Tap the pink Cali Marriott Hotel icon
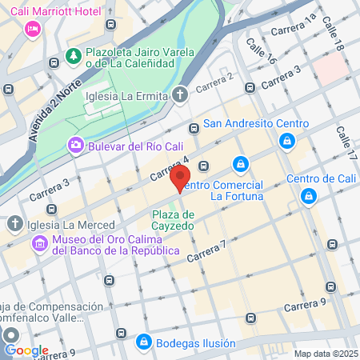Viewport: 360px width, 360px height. pos(33,29)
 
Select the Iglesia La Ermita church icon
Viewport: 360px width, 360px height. pos(181,96)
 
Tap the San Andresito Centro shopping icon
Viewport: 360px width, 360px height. pos(286,140)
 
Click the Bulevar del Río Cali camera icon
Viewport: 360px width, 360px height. pos(75,145)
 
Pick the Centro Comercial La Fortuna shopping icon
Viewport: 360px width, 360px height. pos(239,165)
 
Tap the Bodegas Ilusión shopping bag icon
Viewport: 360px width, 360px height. pos(143,342)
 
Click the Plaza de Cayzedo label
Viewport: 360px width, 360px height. pos(174,221)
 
